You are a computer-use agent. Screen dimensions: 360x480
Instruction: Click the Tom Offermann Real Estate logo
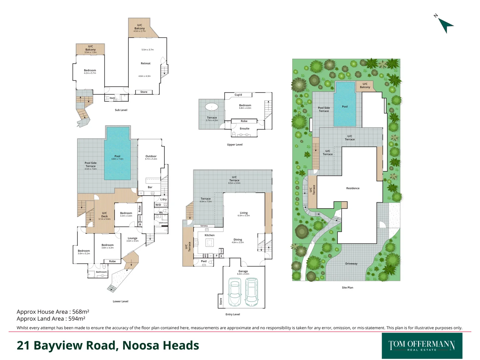click(x=422, y=346)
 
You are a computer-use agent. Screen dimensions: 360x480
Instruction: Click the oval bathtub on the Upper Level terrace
click(x=211, y=107)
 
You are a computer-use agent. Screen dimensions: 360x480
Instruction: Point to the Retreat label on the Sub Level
click(x=145, y=63)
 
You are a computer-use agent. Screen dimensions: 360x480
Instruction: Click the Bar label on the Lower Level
click(x=150, y=187)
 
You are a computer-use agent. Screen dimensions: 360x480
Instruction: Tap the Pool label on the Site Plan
click(x=345, y=107)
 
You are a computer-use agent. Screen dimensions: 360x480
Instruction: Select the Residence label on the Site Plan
click(x=353, y=188)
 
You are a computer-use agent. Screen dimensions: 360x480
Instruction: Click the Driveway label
click(x=351, y=264)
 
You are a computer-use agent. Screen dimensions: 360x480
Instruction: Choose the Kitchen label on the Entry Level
click(x=209, y=235)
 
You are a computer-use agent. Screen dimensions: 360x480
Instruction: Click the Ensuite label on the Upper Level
click(x=244, y=129)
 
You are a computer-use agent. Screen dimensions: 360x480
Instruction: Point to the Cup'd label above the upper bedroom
click(x=238, y=95)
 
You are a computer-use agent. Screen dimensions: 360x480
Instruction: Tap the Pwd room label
click(x=204, y=261)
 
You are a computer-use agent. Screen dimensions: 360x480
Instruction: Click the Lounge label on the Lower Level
click(x=132, y=238)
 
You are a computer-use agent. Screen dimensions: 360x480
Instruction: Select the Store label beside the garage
click(x=220, y=301)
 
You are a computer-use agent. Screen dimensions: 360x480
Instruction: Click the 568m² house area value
click(x=81, y=312)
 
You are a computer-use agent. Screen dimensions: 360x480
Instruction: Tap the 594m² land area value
click(x=77, y=319)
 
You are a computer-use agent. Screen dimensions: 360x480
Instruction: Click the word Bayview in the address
click(x=58, y=346)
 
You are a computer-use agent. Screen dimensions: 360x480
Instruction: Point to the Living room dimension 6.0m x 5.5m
click(x=244, y=216)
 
